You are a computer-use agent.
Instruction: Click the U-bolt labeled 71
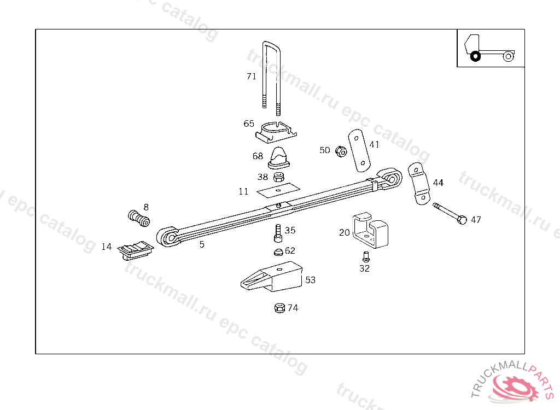pyautogui.click(x=272, y=77)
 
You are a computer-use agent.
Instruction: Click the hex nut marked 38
pyautogui.click(x=279, y=177)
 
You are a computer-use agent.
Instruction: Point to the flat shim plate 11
pyautogui.click(x=279, y=189)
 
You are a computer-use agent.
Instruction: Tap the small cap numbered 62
pyautogui.click(x=278, y=252)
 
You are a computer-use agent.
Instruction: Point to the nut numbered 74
pyautogui.click(x=278, y=308)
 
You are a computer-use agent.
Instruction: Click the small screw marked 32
pyautogui.click(x=365, y=256)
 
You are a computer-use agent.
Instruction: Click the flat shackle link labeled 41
pyautogui.click(x=359, y=149)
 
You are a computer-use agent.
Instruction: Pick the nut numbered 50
pyautogui.click(x=340, y=151)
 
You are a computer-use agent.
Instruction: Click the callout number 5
pyautogui.click(x=202, y=245)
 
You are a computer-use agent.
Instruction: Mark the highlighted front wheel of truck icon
pyautogui.click(x=475, y=56)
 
